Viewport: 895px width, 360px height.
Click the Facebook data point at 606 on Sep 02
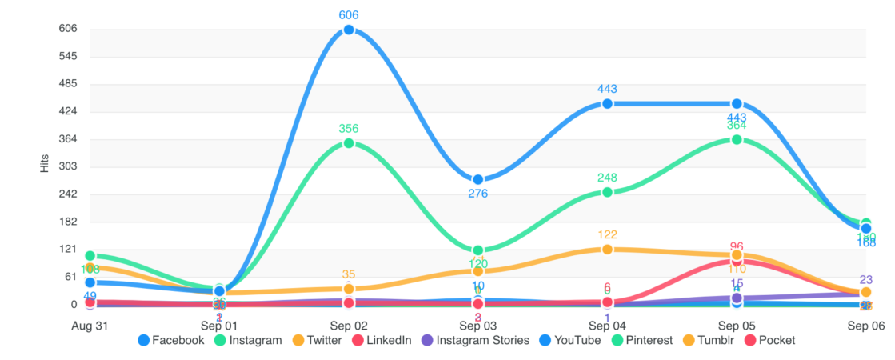349,30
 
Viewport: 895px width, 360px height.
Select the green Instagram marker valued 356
349,143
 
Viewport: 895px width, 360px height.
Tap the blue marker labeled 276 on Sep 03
478,180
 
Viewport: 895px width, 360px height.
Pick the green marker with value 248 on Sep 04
607,192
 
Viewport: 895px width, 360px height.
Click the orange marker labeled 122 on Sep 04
607,250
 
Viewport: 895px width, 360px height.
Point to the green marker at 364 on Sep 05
737,139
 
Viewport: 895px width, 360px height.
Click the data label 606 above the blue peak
349,15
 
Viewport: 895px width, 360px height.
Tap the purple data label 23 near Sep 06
866,280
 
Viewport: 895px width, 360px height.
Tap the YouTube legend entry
569,340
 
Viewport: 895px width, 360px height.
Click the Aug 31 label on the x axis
90,326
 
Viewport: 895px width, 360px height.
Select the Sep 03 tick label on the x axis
478,326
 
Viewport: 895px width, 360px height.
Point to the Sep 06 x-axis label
866,326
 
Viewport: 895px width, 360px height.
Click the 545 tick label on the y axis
67,57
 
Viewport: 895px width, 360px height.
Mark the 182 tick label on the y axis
67,222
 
